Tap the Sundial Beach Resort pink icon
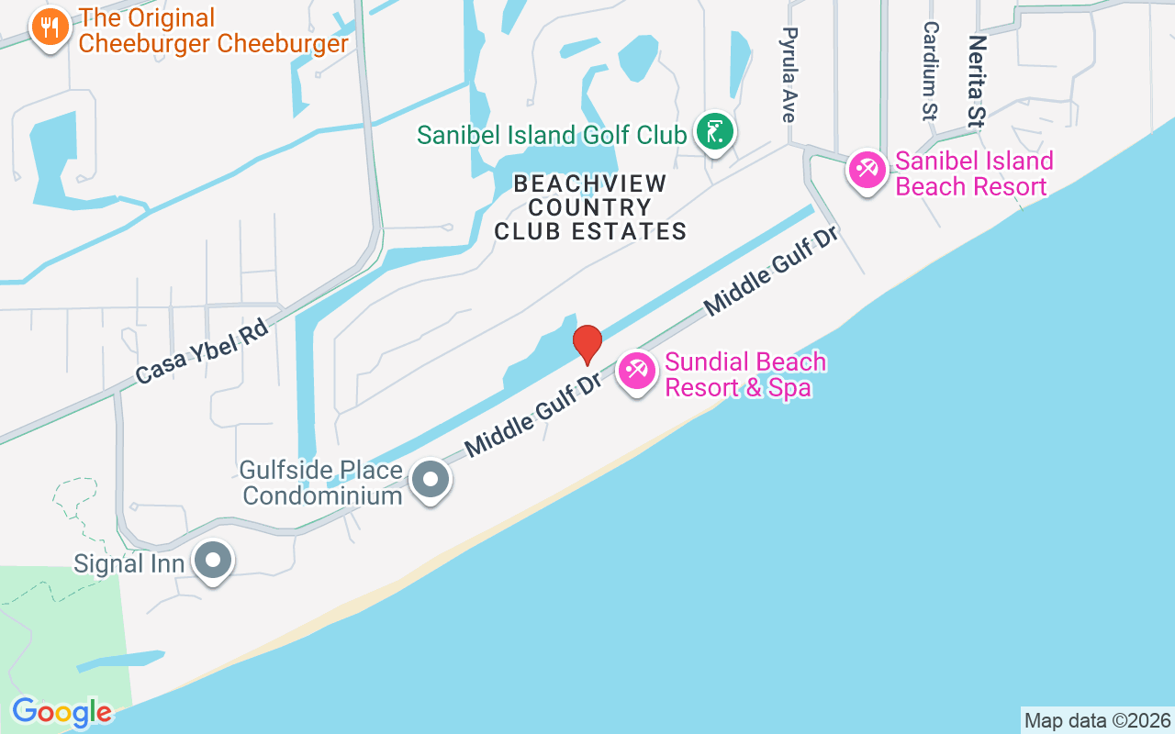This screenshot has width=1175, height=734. click(636, 371)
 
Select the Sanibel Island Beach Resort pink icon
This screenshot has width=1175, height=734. click(867, 170)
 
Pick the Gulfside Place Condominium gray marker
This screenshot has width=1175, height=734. click(430, 479)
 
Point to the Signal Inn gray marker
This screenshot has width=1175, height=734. click(214, 559)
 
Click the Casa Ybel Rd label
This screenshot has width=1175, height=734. click(201, 350)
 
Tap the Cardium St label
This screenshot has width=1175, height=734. click(929, 72)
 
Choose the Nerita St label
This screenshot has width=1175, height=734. click(976, 81)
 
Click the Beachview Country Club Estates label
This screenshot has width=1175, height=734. click(590, 208)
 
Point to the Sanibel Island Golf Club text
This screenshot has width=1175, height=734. click(552, 135)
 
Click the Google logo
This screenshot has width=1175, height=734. click(62, 712)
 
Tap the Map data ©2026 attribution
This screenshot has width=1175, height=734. click(1097, 720)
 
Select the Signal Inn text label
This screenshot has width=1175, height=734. click(129, 562)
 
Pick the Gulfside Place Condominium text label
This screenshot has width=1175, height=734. click(321, 484)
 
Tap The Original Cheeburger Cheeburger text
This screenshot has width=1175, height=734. click(214, 30)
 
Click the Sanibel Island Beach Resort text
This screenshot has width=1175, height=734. click(974, 173)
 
